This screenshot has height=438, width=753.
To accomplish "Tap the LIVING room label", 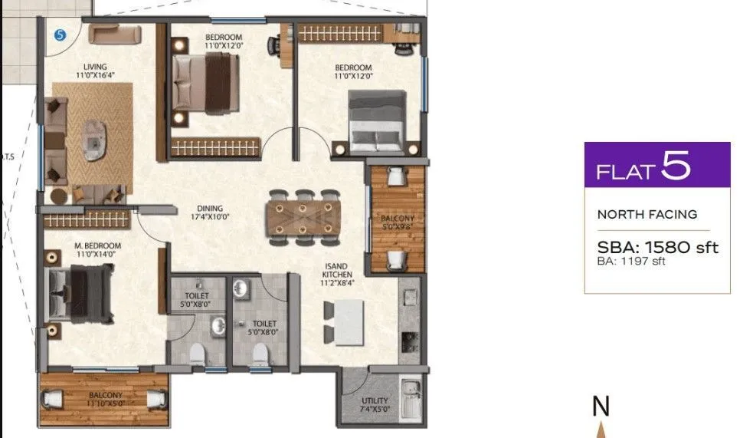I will (x=96, y=71).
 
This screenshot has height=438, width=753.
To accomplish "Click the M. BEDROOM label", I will (x=96, y=249).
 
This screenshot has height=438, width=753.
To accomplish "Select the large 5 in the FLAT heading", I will (x=676, y=166).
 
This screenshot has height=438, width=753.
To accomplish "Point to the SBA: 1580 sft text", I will (x=657, y=247).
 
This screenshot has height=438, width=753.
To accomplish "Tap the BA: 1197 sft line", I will (x=633, y=262).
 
